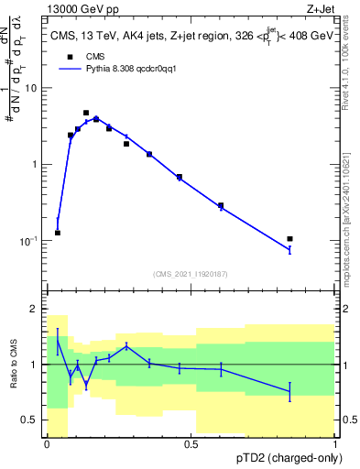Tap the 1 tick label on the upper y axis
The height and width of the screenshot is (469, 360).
(x=35, y=164)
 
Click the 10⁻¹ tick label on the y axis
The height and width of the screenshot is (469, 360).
(x=29, y=241)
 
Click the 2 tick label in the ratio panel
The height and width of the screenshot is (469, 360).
(x=35, y=310)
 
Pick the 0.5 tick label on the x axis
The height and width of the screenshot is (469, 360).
(x=191, y=444)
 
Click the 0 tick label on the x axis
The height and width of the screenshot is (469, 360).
(x=47, y=444)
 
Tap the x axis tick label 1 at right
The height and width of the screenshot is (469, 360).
(x=335, y=444)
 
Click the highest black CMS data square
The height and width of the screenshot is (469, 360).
(x=86, y=113)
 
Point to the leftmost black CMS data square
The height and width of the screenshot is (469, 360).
(x=58, y=233)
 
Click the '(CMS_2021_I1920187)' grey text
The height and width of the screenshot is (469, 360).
(x=191, y=274)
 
